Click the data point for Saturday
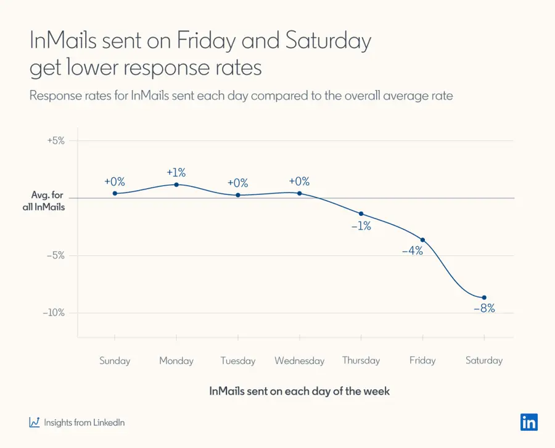pos(484,297)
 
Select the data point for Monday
pos(176,185)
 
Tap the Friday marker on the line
pos(422,239)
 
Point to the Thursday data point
pos(361,214)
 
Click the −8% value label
pos(484,309)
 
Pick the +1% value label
pos(176,172)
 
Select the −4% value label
pos(412,251)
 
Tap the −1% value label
pos(361,226)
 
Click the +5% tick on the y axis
pos(56,140)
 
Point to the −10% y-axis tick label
pos(54,313)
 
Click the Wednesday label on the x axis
pos(299,361)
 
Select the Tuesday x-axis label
pos(237,361)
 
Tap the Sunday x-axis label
pos(115,361)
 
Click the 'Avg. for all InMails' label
pos(47,201)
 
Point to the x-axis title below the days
pos(299,391)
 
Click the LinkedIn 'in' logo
pos(528,422)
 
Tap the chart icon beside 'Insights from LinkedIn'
pos(35,423)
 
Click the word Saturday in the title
pos(329,41)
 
